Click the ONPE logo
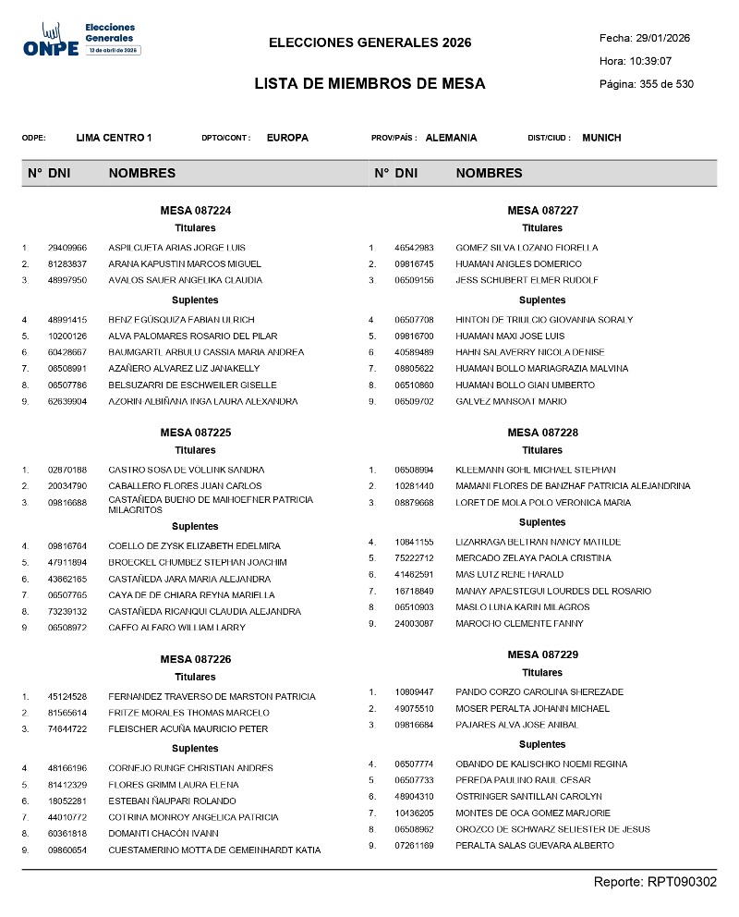[x=81, y=40]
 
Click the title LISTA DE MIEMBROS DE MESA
[x=369, y=84]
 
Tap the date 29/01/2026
[x=663, y=38]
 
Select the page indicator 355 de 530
[x=660, y=84]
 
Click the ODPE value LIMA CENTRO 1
[x=114, y=138]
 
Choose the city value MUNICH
[x=601, y=138]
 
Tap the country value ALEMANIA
[x=451, y=138]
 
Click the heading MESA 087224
[x=195, y=211]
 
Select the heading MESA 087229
[x=542, y=654]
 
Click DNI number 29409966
[x=67, y=248]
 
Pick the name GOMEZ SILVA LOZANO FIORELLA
[x=527, y=248]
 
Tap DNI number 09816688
[x=67, y=503]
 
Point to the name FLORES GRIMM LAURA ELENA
[x=173, y=785]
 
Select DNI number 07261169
[x=415, y=846]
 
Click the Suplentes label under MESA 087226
[x=195, y=748]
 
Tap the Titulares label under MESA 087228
[x=542, y=450]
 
